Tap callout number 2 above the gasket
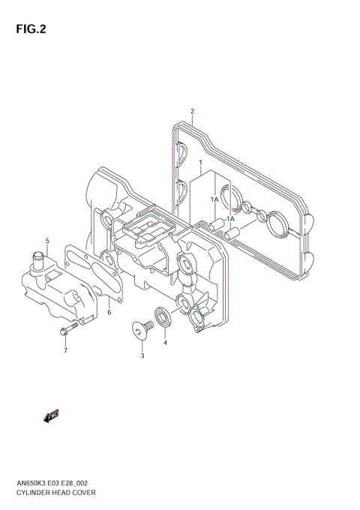pyautogui.click(x=192, y=112)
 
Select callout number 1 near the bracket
pyautogui.click(x=200, y=162)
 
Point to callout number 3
pyautogui.click(x=142, y=356)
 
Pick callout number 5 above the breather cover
pyautogui.click(x=46, y=241)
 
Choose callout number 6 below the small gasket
pyautogui.click(x=109, y=312)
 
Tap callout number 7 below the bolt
pyautogui.click(x=65, y=350)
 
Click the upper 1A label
pyautogui.click(x=214, y=199)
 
